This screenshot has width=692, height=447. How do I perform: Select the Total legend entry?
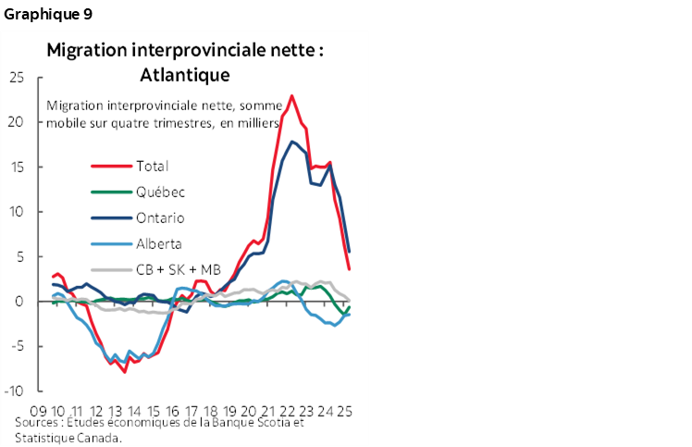[153, 167]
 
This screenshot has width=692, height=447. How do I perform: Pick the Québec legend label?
[160, 192]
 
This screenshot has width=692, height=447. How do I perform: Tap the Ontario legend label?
[160, 218]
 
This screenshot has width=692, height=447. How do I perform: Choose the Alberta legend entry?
[159, 244]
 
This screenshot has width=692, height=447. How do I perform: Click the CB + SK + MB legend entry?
[179, 270]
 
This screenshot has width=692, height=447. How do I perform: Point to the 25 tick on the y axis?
[16, 77]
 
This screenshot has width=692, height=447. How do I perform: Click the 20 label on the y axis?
[16, 122]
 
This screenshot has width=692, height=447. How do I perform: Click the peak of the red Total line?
[292, 95]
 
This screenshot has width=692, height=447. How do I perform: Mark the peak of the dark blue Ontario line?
[292, 142]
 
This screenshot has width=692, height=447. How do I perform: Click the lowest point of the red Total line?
[124, 371]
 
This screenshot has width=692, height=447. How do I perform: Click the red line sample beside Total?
[110, 167]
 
